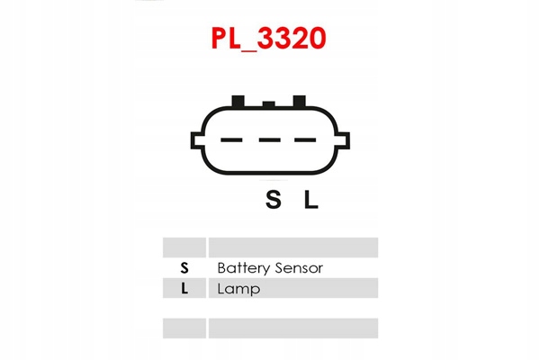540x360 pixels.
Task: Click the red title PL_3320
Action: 268,39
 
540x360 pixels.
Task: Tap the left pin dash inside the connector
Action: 232,139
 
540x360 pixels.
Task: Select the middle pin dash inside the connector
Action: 269,139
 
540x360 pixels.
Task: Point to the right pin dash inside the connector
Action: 305,139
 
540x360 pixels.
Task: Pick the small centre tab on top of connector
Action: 268,103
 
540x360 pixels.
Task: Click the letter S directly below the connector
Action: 273,201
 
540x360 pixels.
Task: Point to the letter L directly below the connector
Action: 310,201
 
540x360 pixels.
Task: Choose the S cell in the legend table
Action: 184,268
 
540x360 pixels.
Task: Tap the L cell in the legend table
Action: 184,289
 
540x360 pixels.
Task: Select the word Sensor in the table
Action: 298,268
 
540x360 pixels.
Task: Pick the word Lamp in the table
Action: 238,289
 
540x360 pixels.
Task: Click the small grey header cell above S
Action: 184,247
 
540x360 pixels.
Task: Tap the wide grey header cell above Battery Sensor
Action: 292,247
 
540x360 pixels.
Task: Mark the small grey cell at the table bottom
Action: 184,328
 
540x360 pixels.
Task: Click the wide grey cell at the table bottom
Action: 292,328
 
